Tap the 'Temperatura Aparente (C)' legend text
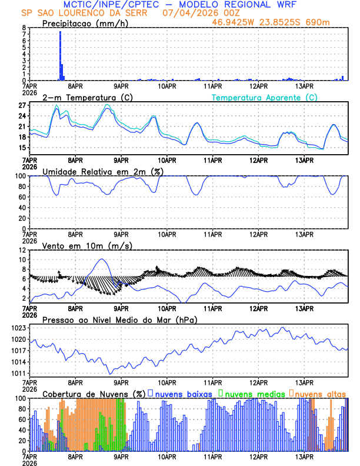click(x=264, y=97)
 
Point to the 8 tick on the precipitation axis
click(x=24, y=28)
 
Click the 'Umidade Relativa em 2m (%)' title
click(x=103, y=171)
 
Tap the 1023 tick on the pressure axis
click(x=19, y=328)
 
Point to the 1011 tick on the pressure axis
click(x=19, y=373)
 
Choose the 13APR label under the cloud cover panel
click(x=304, y=457)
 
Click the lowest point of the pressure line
click(x=109, y=373)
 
